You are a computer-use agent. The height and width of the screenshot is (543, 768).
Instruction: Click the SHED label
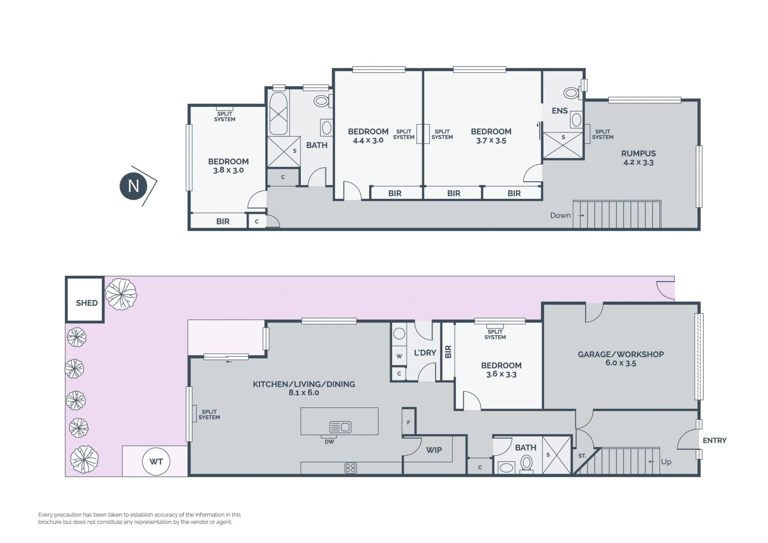click(87, 303)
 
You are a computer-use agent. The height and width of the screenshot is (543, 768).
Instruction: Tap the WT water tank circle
click(156, 461)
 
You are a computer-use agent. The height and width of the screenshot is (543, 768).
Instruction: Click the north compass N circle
click(133, 186)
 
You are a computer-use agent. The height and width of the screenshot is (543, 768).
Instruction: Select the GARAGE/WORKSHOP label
click(621, 354)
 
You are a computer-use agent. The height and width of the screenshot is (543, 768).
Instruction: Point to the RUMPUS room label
click(638, 153)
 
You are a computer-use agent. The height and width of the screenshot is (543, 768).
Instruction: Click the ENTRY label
click(714, 440)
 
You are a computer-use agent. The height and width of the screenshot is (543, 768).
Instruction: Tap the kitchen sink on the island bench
click(340, 427)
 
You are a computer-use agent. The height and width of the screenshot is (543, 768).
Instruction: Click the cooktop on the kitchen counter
click(350, 468)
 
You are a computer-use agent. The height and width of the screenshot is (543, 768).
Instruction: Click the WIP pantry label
click(434, 450)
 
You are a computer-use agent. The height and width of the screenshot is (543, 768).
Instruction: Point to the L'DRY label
click(425, 353)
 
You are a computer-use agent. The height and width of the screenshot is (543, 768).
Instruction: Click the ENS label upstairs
click(560, 111)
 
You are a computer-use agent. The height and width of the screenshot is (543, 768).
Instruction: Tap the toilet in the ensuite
click(572, 93)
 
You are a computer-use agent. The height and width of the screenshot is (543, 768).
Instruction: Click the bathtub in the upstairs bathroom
click(278, 114)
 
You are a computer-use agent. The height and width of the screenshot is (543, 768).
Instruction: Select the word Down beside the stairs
click(560, 215)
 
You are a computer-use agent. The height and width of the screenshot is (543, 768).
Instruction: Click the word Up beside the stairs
click(666, 462)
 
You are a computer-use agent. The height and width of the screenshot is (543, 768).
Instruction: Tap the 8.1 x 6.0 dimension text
click(304, 393)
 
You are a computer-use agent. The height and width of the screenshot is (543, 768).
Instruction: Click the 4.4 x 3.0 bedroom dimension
click(368, 140)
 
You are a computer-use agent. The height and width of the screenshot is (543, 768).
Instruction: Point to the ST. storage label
click(582, 456)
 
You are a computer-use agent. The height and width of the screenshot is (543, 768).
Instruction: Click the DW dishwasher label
click(329, 442)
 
